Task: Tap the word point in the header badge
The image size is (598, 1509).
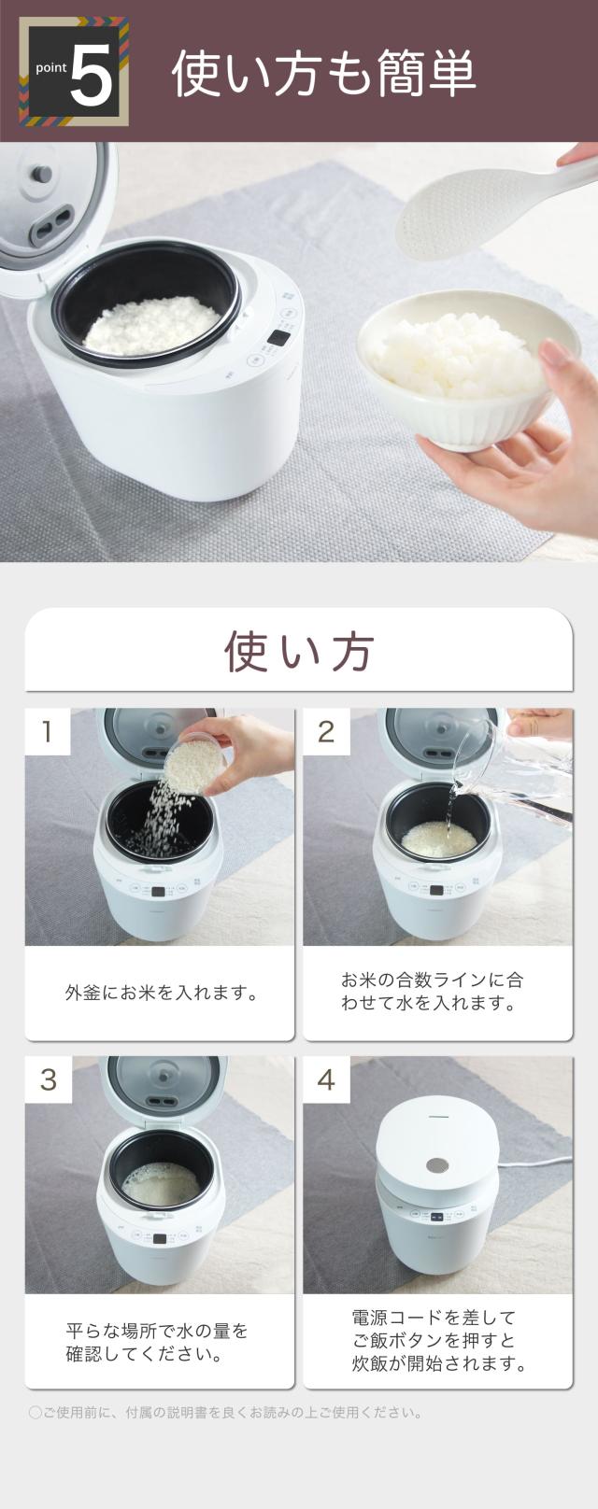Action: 51,68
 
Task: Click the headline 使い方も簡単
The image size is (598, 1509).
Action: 324,73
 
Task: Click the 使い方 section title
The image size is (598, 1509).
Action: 299,652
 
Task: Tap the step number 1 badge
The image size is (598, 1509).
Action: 48,731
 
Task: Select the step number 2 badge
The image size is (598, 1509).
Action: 326,731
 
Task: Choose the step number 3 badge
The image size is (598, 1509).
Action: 48,1079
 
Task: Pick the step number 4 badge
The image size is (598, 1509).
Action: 326,1079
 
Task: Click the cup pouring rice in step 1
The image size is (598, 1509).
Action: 195,763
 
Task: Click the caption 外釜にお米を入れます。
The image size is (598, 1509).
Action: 163,993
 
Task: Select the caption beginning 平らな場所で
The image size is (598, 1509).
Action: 157,1342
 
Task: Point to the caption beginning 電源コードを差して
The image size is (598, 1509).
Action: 438,1341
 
